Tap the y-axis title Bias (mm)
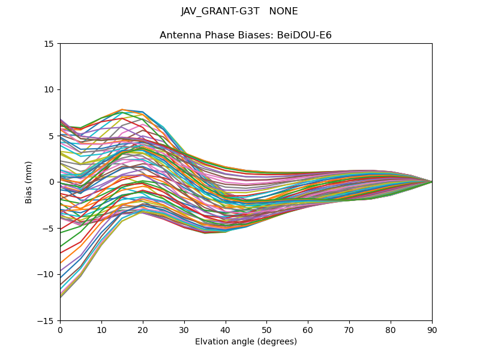point(29,182)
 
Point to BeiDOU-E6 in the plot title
point(302,35)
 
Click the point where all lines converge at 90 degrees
point(432,182)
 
